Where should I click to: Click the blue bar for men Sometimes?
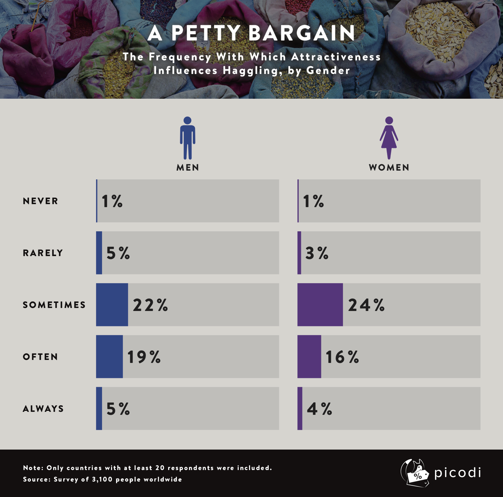(x=112, y=305)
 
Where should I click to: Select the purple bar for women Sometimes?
(x=320, y=305)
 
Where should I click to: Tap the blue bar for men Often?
(x=109, y=356)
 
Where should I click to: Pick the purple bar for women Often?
(x=309, y=356)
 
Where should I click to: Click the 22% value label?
(x=151, y=305)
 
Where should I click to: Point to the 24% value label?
(x=366, y=305)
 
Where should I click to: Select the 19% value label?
(x=144, y=357)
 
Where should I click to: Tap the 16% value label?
(x=342, y=357)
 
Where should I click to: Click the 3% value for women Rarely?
(x=317, y=253)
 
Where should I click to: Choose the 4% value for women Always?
(x=319, y=409)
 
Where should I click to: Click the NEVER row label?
(x=41, y=201)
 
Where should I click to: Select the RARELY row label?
(x=43, y=253)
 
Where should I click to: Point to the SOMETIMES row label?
(x=54, y=305)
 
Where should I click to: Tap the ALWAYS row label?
(x=43, y=409)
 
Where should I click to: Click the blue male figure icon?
(x=188, y=138)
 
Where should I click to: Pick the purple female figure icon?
(x=389, y=138)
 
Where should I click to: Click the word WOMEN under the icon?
(x=389, y=167)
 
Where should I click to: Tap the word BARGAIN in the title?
(x=301, y=33)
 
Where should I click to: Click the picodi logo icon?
(x=415, y=473)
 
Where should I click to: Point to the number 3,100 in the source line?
(x=102, y=479)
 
